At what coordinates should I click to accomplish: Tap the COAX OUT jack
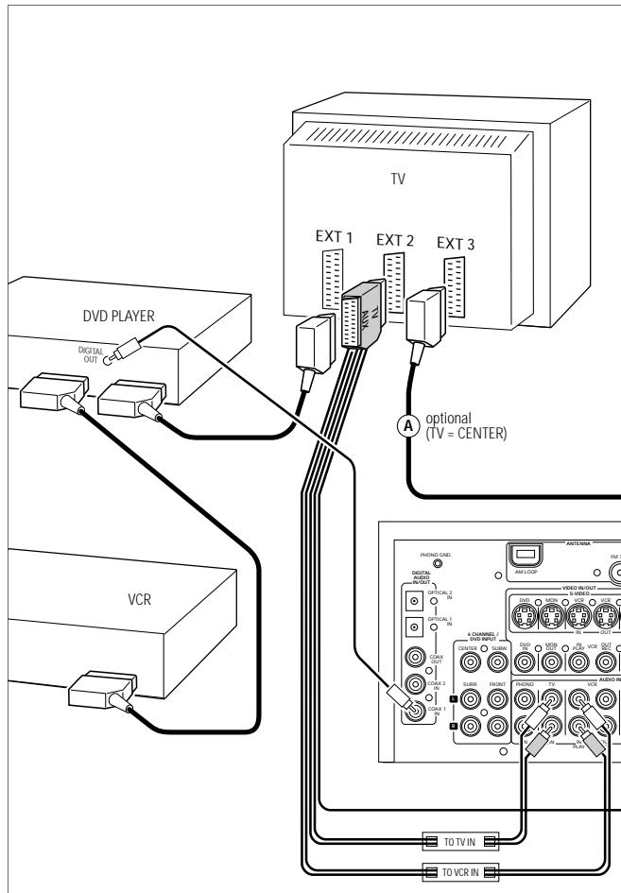(x=413, y=659)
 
